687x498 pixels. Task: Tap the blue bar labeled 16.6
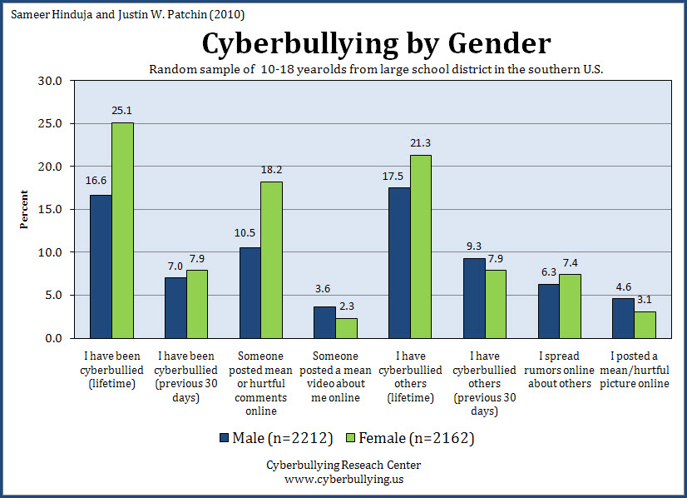(x=101, y=266)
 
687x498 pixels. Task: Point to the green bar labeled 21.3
(x=420, y=247)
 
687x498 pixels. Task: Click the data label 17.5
(x=398, y=177)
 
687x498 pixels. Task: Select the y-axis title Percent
(x=25, y=209)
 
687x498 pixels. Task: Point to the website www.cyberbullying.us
(x=343, y=479)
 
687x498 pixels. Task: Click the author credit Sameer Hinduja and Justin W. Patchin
(x=126, y=15)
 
